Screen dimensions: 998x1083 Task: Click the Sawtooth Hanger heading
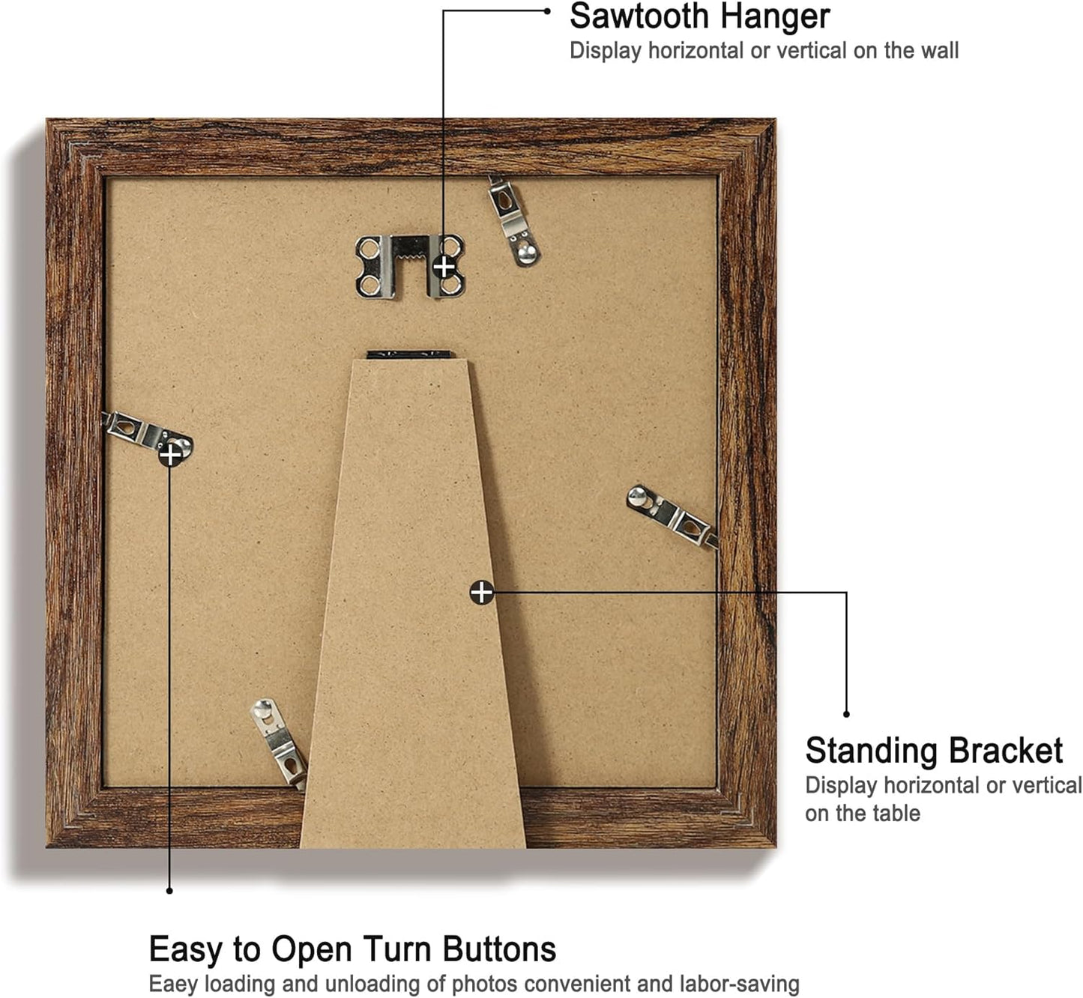pos(699,16)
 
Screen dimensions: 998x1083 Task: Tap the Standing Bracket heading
pos(933,751)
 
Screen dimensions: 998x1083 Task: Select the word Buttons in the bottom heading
pos(499,949)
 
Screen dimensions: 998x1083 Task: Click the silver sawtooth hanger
pos(409,264)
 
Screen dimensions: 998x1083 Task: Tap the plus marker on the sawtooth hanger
pos(444,266)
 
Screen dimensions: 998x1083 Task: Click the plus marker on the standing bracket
pos(481,593)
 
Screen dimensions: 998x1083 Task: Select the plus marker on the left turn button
pos(170,454)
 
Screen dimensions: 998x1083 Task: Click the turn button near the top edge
pos(514,221)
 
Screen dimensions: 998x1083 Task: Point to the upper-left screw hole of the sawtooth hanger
pos(367,247)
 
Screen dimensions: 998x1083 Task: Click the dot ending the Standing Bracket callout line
pos(846,714)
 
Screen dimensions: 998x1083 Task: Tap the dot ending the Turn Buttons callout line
pos(169,891)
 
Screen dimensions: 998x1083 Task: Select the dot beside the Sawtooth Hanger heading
pos(547,11)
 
